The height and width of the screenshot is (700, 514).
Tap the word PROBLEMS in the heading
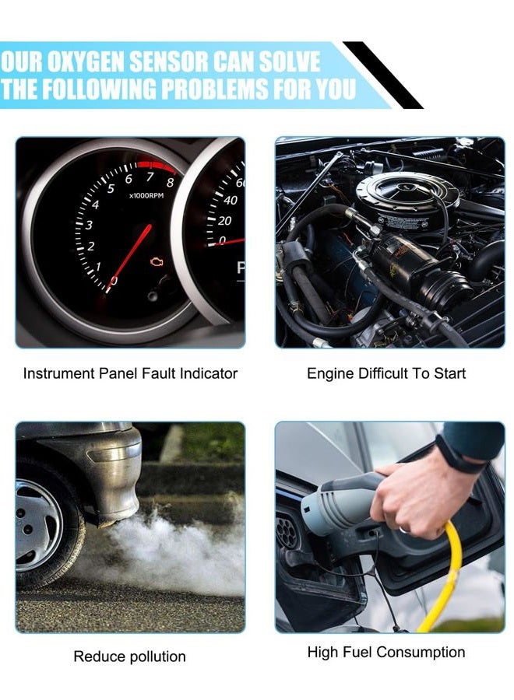[214, 88]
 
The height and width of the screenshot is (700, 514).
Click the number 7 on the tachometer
[150, 177]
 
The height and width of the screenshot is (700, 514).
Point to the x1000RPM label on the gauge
[146, 195]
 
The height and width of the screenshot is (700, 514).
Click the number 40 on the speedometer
[231, 201]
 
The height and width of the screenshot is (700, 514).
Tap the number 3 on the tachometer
[89, 225]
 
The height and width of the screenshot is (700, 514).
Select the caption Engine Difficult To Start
[386, 373]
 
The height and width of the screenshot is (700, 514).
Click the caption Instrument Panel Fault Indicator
[130, 373]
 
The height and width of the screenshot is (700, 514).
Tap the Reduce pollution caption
[129, 656]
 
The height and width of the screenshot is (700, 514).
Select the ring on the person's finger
[404, 530]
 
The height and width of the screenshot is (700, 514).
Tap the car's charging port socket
[287, 531]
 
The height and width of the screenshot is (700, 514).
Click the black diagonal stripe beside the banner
[383, 75]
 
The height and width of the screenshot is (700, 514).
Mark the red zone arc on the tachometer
[157, 166]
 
